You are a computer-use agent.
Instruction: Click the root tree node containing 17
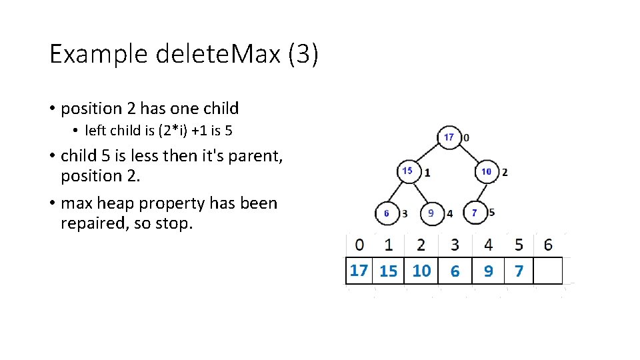click(x=449, y=137)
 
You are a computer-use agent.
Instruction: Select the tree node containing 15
click(x=408, y=171)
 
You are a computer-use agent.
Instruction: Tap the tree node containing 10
click(x=487, y=171)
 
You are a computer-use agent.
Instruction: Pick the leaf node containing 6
click(x=387, y=213)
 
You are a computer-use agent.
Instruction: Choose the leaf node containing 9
click(x=431, y=213)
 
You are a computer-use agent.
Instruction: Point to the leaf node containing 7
click(x=474, y=213)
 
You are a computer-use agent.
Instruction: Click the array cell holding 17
click(x=359, y=270)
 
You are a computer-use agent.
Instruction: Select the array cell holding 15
click(x=388, y=271)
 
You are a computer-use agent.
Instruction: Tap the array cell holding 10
click(x=421, y=271)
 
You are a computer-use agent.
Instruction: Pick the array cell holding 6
click(x=455, y=271)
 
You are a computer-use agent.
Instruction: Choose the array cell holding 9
click(x=489, y=271)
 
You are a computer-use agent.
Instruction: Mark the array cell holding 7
click(x=519, y=271)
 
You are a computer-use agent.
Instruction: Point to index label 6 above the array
click(x=548, y=245)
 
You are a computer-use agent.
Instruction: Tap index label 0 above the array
click(x=360, y=245)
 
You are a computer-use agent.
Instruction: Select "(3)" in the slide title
click(x=303, y=54)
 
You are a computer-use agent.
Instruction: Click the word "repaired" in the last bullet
click(x=93, y=223)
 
